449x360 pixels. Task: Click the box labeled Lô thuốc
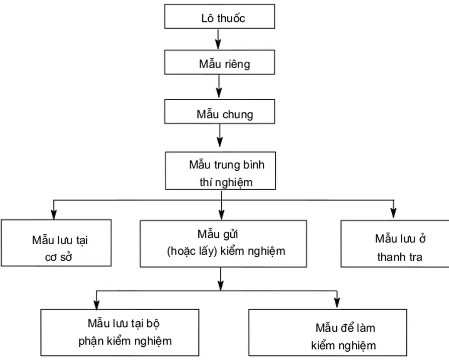[x=220, y=17]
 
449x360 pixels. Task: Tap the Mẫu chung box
[x=220, y=111]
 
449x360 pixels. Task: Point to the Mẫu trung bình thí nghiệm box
[x=221, y=171]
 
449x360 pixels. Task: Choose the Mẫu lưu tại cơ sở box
[x=56, y=243]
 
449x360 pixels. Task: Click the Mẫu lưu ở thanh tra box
[x=395, y=243]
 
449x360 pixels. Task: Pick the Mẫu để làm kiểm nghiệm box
[x=328, y=332]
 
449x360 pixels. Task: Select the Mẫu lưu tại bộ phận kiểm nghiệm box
[x=120, y=332]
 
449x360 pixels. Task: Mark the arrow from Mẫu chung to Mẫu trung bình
[x=220, y=137]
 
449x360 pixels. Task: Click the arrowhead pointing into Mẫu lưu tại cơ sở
[x=53, y=215]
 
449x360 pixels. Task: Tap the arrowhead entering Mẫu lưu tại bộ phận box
[x=96, y=304]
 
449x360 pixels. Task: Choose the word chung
[x=237, y=114]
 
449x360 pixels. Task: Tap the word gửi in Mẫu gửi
[x=230, y=234]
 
